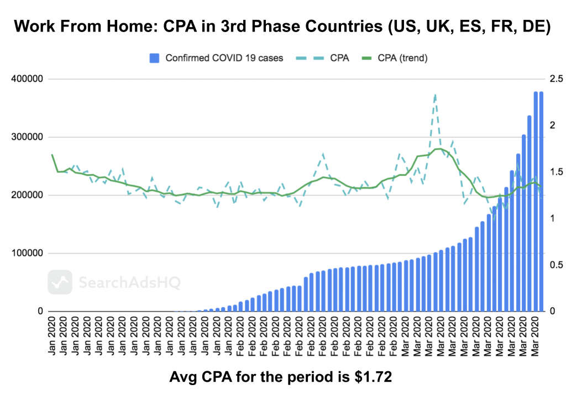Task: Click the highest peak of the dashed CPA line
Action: click(x=436, y=94)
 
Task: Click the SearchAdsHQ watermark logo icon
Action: click(x=60, y=282)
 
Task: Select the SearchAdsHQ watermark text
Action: click(x=129, y=283)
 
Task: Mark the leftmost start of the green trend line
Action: click(x=52, y=155)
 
